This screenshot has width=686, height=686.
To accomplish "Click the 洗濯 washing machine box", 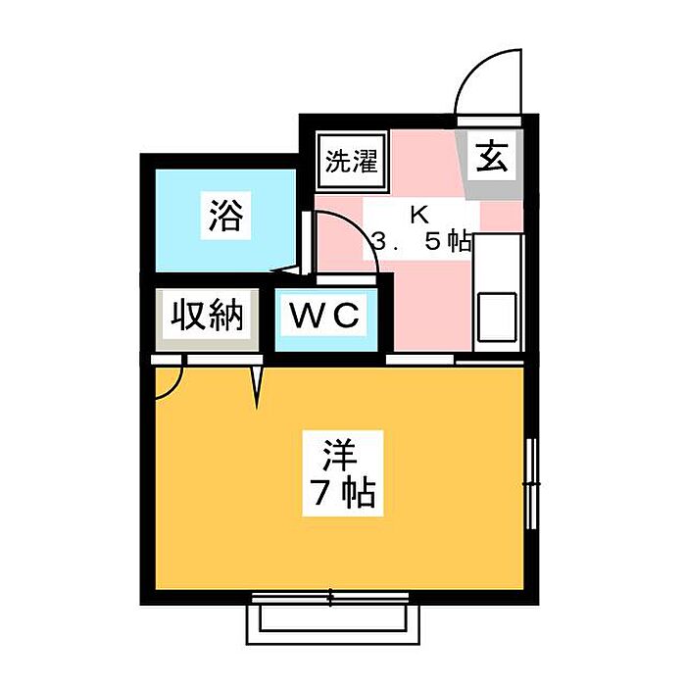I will [350, 159].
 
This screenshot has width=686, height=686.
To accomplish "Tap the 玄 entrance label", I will [492, 158].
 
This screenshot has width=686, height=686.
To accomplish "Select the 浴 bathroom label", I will [227, 214].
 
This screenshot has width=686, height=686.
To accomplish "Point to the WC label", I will [325, 318].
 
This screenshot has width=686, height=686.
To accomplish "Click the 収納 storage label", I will [207, 317].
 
